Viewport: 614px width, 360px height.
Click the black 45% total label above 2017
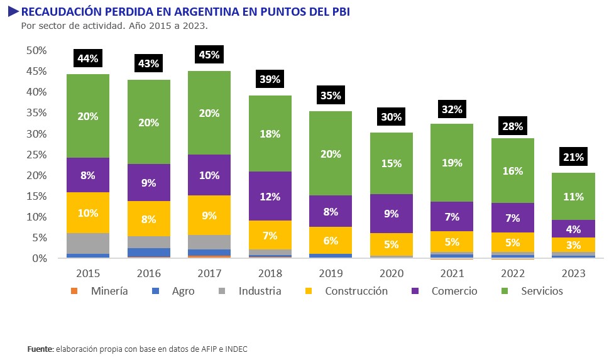pyautogui.click(x=209, y=55)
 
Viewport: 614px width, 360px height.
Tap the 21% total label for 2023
pyautogui.click(x=573, y=157)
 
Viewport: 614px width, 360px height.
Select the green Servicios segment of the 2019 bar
pyautogui.click(x=331, y=153)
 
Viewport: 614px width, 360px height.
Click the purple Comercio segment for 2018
pyautogui.click(x=270, y=196)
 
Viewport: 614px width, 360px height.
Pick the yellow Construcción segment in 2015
pyautogui.click(x=88, y=212)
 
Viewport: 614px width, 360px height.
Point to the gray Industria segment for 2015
pyautogui.click(x=88, y=243)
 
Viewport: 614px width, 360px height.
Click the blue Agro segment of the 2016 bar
pyautogui.click(x=149, y=252)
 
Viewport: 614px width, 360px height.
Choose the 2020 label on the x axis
pyautogui.click(x=391, y=273)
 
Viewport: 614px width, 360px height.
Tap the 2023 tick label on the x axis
pyautogui.click(x=573, y=273)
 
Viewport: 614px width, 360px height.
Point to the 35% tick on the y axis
pyautogui.click(x=36, y=112)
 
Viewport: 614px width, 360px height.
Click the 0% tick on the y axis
pyautogui.click(x=39, y=258)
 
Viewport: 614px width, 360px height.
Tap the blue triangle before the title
pyautogui.click(x=13, y=11)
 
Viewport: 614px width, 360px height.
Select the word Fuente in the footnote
pyautogui.click(x=40, y=349)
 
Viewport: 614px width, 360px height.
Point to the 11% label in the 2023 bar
pyautogui.click(x=573, y=196)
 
